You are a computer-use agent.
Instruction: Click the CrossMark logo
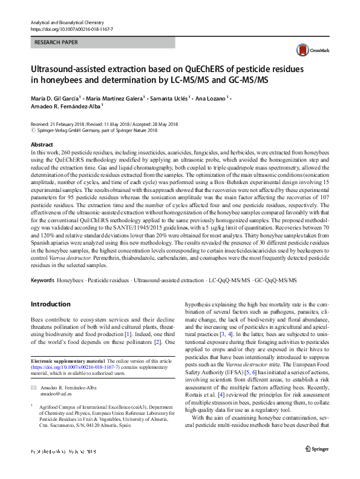(x=307, y=50)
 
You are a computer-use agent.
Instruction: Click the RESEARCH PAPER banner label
(x=56, y=43)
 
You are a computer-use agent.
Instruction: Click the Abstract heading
(x=42, y=145)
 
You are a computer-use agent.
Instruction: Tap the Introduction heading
(x=50, y=303)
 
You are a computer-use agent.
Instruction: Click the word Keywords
(x=42, y=280)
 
